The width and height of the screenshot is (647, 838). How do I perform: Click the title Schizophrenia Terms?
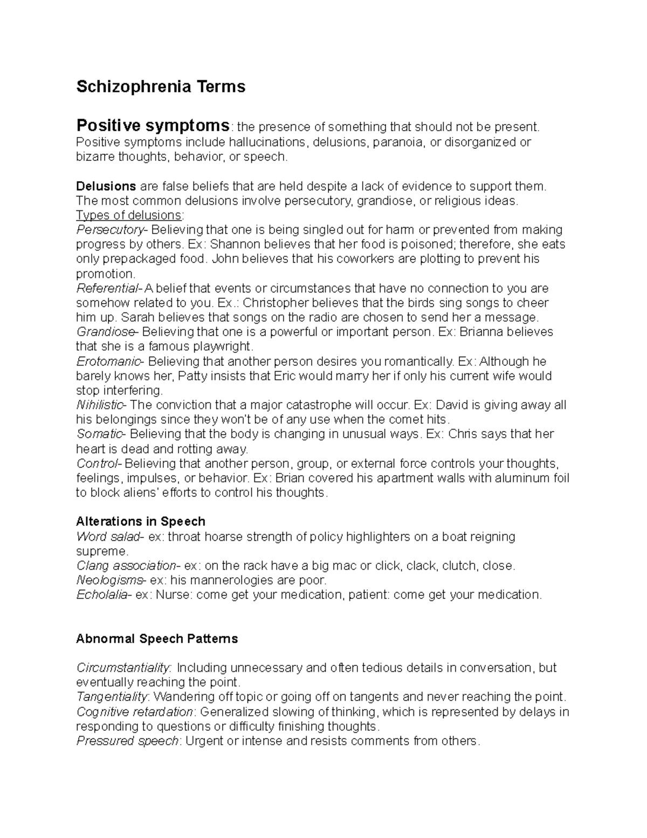161,86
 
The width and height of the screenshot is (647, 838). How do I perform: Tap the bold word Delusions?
106,186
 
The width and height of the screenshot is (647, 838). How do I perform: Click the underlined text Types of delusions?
129,215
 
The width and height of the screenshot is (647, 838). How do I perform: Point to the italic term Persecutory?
110,230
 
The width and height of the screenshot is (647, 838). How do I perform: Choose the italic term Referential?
107,288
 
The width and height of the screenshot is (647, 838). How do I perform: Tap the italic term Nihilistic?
101,405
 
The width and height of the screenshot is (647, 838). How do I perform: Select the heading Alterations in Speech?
141,521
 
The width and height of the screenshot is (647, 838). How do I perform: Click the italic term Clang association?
126,566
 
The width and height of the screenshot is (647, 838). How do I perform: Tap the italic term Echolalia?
102,595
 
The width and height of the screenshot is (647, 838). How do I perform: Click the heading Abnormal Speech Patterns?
157,639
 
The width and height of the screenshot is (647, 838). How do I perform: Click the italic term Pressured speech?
127,741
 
